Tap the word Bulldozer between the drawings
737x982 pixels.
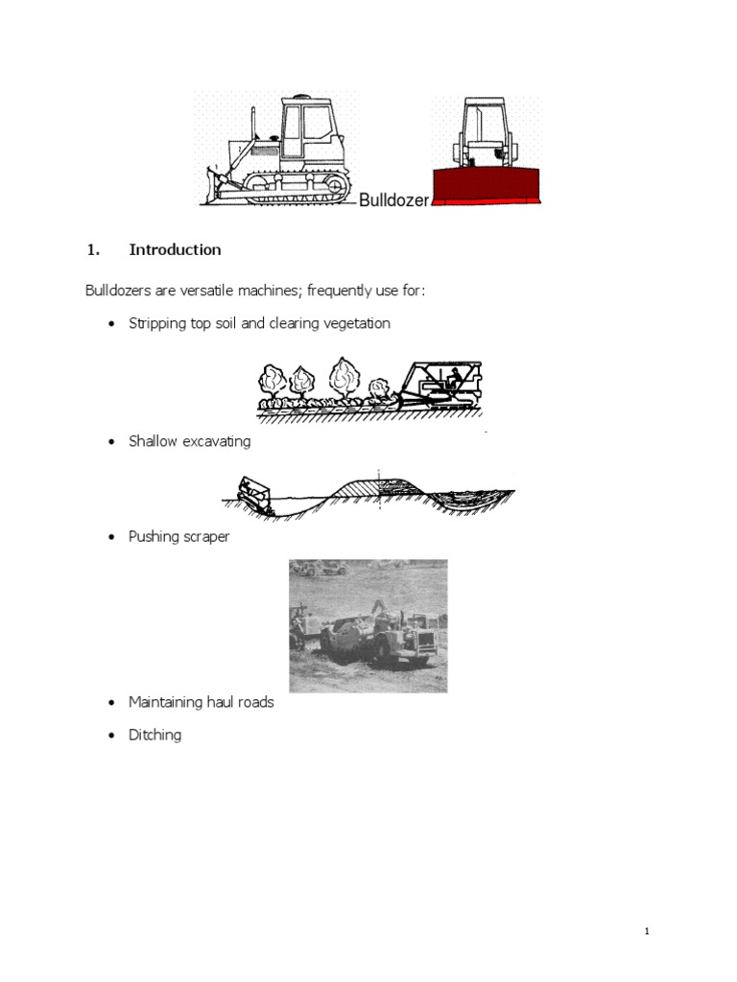click(392, 200)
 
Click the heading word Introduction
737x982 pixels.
click(175, 250)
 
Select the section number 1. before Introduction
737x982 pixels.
click(93, 250)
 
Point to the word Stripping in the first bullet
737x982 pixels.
click(156, 324)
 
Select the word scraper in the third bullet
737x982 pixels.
click(205, 537)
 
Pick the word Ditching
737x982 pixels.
click(155, 736)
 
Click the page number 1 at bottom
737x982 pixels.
click(648, 931)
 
